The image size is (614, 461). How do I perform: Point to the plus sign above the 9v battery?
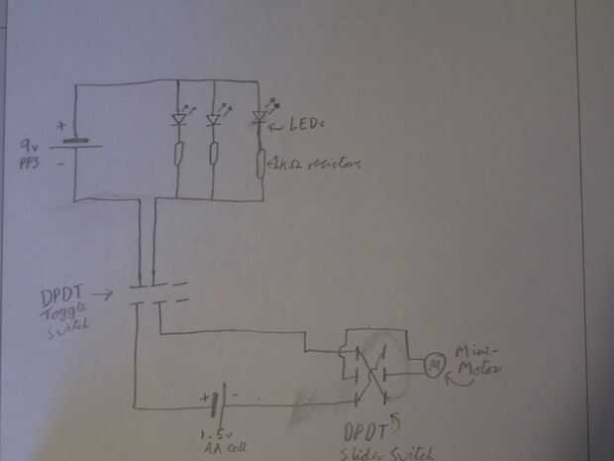tap(62, 126)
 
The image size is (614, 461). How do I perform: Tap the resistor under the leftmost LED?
tap(178, 154)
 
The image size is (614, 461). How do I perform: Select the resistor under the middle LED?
tap(213, 154)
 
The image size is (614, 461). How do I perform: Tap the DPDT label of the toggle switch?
tap(62, 294)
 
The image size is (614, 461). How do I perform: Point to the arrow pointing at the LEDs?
tap(280, 125)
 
